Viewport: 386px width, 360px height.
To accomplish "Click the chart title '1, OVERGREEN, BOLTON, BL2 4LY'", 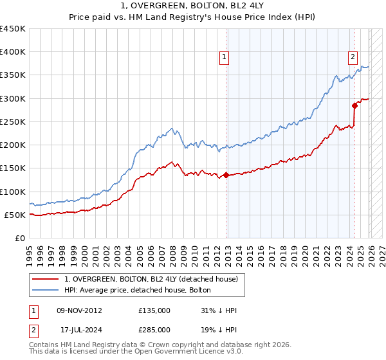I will pos(194,6).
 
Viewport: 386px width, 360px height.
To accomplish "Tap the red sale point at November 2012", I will pos(226,175).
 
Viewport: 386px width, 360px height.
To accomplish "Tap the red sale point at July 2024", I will pos(354,105).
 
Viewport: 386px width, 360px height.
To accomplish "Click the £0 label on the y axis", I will pos(21,238).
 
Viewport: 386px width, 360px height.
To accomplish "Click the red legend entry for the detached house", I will pos(151,279).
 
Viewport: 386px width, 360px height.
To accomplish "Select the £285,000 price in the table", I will pos(154,329).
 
